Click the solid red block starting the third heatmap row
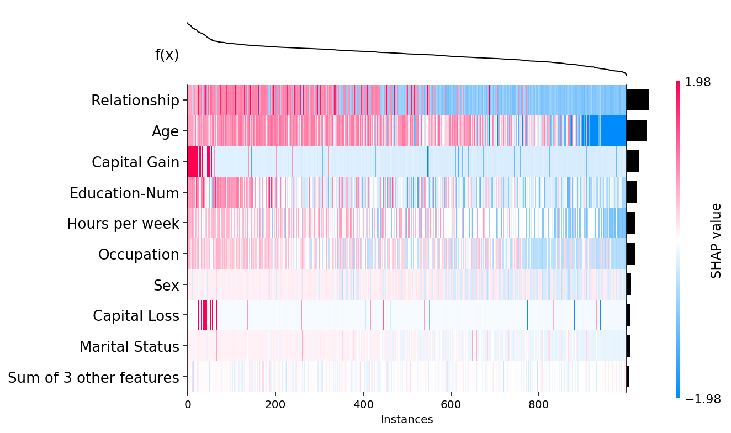[x=192, y=161]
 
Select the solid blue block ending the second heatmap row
[x=607, y=130]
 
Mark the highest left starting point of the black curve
[x=188, y=23]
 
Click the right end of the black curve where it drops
[x=626, y=75]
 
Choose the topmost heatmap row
[x=406, y=100]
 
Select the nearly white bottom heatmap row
[x=406, y=377]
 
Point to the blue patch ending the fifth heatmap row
[x=615, y=223]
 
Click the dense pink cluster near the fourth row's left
[x=225, y=192]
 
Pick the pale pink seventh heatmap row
[x=406, y=284]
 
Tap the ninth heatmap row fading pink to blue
[x=406, y=346]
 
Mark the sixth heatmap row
[x=406, y=254]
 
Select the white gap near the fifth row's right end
[x=590, y=223]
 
